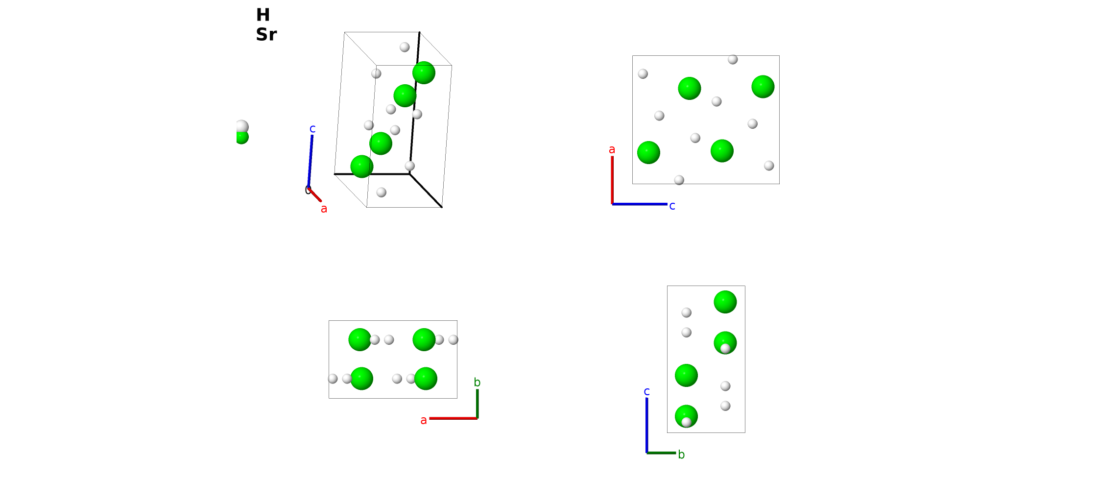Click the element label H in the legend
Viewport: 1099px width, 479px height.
tap(263, 15)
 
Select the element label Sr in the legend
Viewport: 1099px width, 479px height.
tap(266, 34)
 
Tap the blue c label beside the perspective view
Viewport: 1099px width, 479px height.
tap(312, 129)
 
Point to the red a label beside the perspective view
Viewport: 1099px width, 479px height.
tap(324, 209)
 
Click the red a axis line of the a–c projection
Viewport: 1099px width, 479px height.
tap(612, 180)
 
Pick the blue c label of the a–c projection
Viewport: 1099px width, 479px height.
tap(672, 206)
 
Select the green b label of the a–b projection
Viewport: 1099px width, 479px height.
tap(477, 383)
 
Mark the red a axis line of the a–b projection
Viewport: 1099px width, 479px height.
tap(453, 418)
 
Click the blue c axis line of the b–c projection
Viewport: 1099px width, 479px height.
tap(647, 425)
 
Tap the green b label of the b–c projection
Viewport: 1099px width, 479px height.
tap(681, 455)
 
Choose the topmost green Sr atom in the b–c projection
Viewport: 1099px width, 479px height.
tap(725, 302)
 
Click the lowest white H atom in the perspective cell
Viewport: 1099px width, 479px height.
tap(382, 192)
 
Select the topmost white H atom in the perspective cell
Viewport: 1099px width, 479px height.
tap(405, 47)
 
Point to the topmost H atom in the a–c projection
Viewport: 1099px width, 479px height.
tap(733, 59)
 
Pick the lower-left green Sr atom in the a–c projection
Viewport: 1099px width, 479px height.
tap(648, 152)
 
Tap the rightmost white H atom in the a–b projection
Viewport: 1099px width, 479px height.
tap(454, 340)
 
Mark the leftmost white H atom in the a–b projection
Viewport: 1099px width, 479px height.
tap(333, 379)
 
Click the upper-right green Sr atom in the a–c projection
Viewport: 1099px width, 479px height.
tap(763, 87)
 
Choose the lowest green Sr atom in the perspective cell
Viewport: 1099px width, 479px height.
tap(362, 167)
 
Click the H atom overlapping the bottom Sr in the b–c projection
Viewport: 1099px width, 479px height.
tap(686, 422)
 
